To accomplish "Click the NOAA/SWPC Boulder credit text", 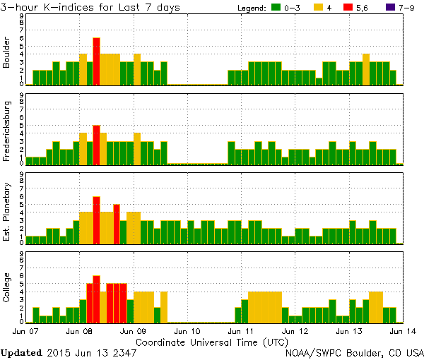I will pos(354,352).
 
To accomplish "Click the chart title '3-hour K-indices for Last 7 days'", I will pos(90,7).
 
